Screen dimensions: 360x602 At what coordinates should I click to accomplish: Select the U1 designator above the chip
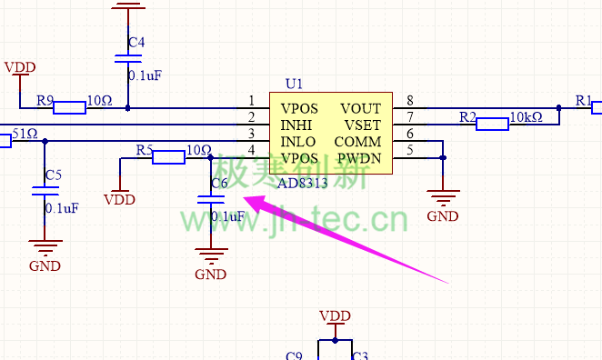pyautogui.click(x=294, y=84)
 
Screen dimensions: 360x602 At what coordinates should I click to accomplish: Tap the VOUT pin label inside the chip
pyautogui.click(x=360, y=108)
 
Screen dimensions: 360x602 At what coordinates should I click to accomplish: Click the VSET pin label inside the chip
pyautogui.click(x=362, y=125)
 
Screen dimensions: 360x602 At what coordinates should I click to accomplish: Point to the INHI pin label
pyautogui.click(x=298, y=125)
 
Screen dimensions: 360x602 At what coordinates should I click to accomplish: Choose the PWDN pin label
pyautogui.click(x=359, y=158)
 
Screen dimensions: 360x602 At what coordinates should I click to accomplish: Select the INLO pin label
pyautogui.click(x=299, y=142)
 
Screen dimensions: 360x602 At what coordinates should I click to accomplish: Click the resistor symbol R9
pyautogui.click(x=69, y=108)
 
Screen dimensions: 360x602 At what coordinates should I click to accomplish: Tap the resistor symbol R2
pyautogui.click(x=492, y=125)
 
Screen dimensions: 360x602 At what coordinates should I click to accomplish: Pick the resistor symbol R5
pyautogui.click(x=168, y=158)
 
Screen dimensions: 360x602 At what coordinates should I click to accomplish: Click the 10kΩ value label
pyautogui.click(x=526, y=117)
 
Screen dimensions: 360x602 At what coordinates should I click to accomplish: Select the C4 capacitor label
pyautogui.click(x=136, y=43)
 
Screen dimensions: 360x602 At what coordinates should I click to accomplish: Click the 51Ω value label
pyautogui.click(x=24, y=135)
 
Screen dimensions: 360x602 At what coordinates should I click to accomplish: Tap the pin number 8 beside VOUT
pyautogui.click(x=410, y=101)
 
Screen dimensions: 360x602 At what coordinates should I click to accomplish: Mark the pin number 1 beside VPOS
pyautogui.click(x=251, y=101)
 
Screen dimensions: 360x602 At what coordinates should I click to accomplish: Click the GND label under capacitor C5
pyautogui.click(x=45, y=265)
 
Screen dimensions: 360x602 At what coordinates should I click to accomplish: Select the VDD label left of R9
pyautogui.click(x=20, y=67)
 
